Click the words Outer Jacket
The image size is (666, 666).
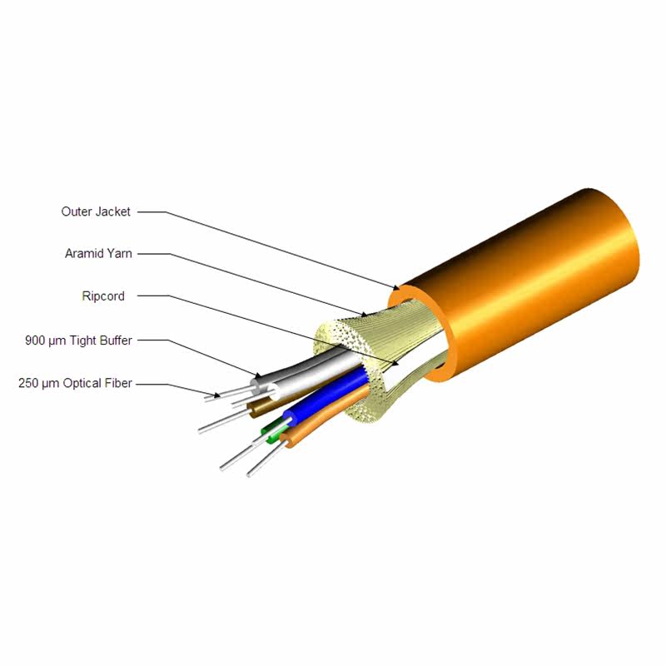(96, 212)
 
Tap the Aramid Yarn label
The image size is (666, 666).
(99, 253)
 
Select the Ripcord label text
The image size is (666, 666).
(103, 296)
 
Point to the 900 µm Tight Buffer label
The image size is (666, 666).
(79, 340)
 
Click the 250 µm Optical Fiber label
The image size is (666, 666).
(75, 384)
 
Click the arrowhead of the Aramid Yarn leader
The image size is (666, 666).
(365, 316)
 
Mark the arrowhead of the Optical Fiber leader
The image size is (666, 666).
(218, 395)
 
